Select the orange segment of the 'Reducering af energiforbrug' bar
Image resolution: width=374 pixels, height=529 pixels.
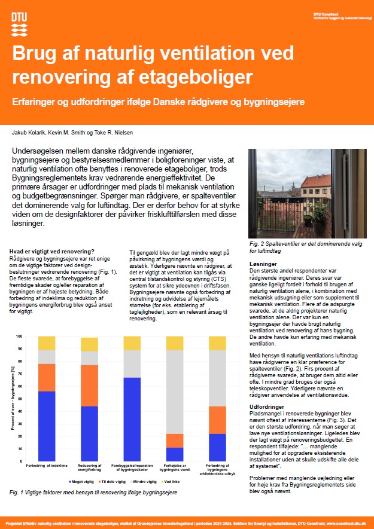[x=89, y=386]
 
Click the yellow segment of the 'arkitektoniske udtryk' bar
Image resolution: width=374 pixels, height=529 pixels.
[x=217, y=343]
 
